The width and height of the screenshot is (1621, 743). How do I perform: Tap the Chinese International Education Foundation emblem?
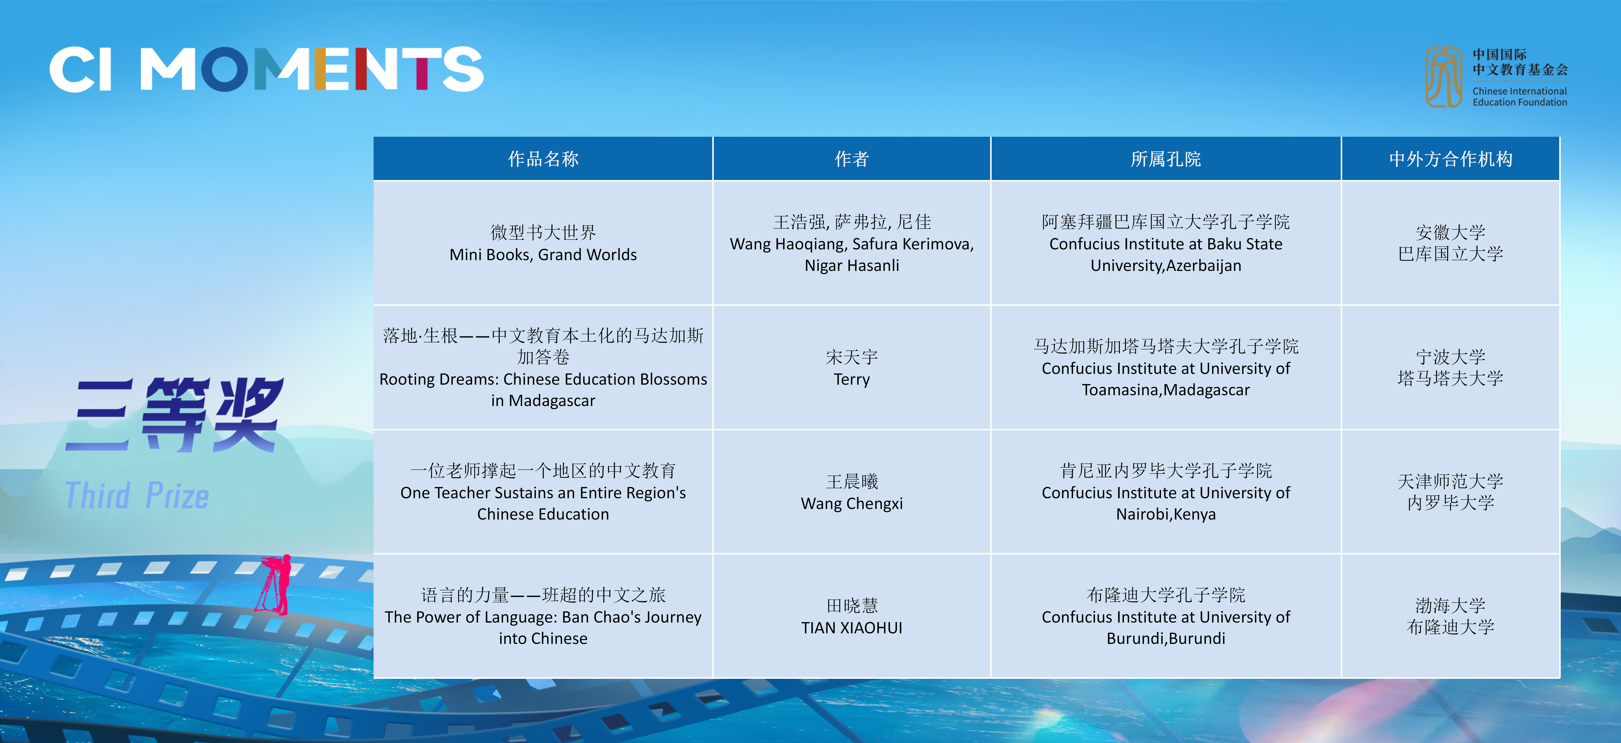tap(1443, 77)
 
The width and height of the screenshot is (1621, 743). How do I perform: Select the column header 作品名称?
tap(543, 159)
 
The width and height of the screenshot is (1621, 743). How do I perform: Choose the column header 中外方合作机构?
tap(1451, 159)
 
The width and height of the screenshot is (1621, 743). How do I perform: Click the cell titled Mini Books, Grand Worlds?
tap(543, 243)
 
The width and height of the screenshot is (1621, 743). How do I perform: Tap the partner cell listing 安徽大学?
tap(1451, 243)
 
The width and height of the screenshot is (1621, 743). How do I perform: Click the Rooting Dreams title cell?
tap(543, 368)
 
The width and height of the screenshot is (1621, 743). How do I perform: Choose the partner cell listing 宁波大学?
tap(1451, 368)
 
